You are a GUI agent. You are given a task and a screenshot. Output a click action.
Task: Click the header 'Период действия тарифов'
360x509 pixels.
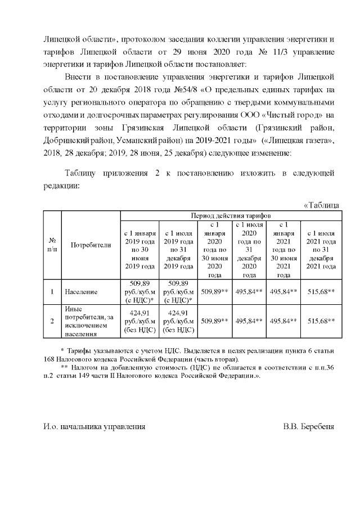point(231,215)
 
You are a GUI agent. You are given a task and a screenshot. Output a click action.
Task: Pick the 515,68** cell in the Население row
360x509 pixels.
point(320,292)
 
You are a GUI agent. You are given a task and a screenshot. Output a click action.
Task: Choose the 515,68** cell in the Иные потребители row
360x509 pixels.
point(320,321)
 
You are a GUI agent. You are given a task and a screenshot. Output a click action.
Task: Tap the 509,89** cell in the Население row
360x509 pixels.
point(214,292)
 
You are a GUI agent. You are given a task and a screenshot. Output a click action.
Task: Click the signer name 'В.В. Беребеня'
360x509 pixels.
point(309,427)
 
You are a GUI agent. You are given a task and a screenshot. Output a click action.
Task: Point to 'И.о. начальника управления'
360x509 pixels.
point(94,427)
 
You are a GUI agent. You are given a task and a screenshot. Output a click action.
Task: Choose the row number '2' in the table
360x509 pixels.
point(52,321)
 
